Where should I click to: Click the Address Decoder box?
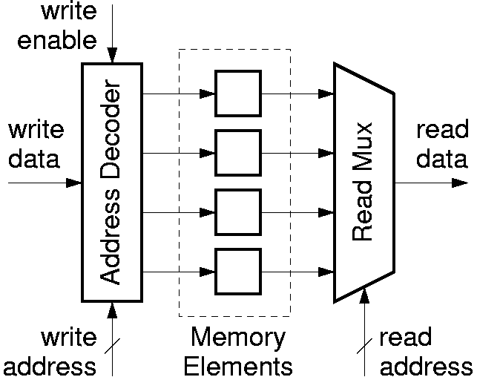(111, 183)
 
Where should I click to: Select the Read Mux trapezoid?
(363, 183)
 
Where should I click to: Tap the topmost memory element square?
(237, 94)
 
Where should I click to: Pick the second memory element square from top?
(237, 153)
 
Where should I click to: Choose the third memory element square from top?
(237, 212)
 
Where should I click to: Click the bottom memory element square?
(237, 272)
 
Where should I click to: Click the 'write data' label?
(35, 144)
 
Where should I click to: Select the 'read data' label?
(441, 144)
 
